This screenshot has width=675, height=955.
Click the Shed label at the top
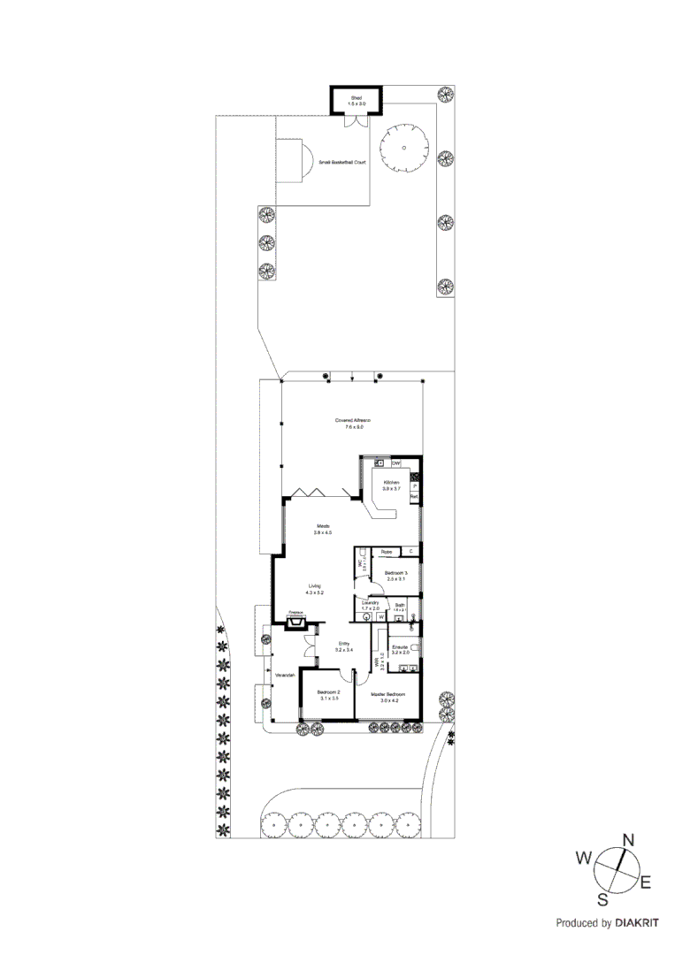pyautogui.click(x=356, y=97)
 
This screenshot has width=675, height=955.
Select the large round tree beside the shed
pyautogui.click(x=403, y=149)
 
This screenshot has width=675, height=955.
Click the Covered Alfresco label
pyautogui.click(x=352, y=420)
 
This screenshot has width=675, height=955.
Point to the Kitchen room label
pyautogui.click(x=391, y=483)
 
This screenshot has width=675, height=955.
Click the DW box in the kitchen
pyautogui.click(x=396, y=463)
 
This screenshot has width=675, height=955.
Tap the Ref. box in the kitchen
pyautogui.click(x=413, y=497)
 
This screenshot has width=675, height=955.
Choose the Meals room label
pyautogui.click(x=321, y=528)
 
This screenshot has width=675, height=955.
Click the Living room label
pyautogui.click(x=315, y=586)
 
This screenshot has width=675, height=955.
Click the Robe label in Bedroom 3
pyautogui.click(x=386, y=552)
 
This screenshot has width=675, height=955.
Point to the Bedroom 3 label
pyautogui.click(x=395, y=574)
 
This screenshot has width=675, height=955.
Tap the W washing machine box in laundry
pyautogui.click(x=380, y=617)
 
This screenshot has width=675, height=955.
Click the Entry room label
pyautogui.click(x=344, y=645)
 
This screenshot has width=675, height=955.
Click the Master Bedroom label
pyautogui.click(x=387, y=695)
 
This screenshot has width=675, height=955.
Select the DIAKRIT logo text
pyautogui.click(x=633, y=922)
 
